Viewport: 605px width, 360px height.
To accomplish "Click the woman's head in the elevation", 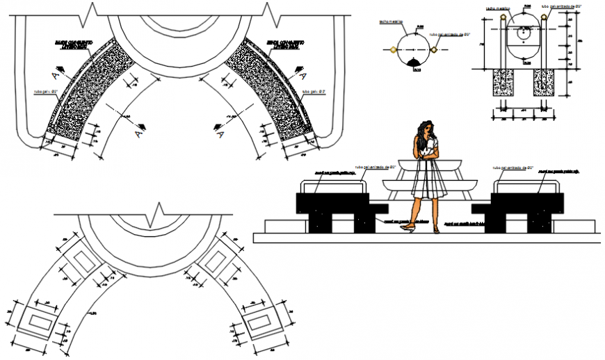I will coord(425,128).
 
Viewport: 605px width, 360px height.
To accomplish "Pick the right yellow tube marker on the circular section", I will coord(434,50).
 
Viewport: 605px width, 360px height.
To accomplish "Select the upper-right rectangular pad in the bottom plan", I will coord(216,262).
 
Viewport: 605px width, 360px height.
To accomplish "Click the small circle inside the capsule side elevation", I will coord(522,31).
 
